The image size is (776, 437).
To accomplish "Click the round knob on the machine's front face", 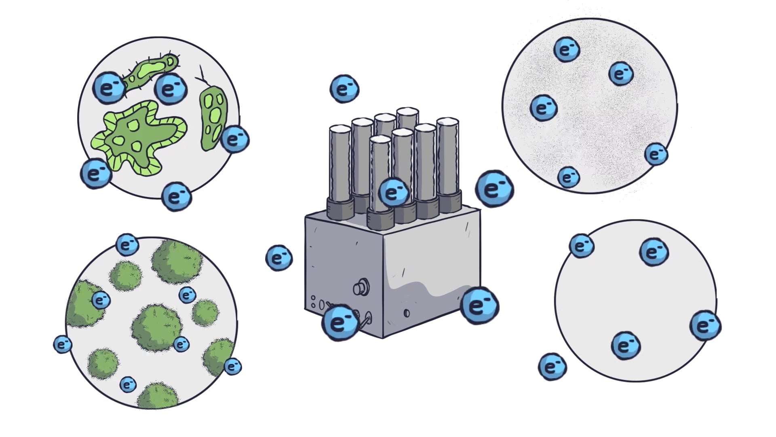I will [359, 288].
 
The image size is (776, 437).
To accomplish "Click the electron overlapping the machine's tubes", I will [393, 192].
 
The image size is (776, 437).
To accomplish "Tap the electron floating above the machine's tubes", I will [344, 89].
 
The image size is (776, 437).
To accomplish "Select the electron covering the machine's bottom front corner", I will [339, 322].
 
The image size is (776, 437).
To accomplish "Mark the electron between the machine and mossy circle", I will [279, 258].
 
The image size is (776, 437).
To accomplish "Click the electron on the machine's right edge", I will [479, 305].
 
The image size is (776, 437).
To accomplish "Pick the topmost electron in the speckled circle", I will [567, 50].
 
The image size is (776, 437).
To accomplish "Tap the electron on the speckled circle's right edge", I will [656, 154].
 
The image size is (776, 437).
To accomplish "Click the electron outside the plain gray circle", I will [552, 367].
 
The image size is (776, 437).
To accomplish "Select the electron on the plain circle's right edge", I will [705, 325].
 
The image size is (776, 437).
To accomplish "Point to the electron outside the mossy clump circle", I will [63, 344].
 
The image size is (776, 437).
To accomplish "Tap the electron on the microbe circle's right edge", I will [235, 139].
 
